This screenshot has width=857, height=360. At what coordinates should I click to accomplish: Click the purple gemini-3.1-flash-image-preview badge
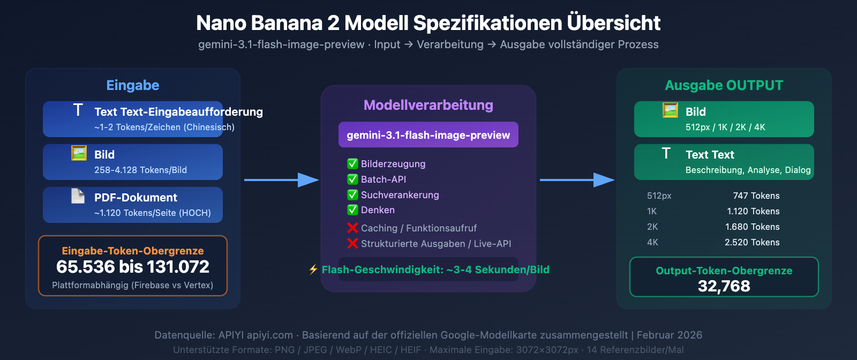[x=428, y=135]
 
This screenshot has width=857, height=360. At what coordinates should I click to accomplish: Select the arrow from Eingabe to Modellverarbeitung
[x=281, y=180]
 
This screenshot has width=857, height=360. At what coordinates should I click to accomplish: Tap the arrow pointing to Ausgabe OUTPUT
[x=577, y=180]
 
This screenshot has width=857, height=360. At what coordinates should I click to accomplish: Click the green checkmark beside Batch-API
[x=352, y=179]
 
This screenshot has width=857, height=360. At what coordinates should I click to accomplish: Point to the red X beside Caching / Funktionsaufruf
[x=352, y=228]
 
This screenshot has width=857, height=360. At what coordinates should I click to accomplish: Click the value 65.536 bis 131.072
[x=133, y=267]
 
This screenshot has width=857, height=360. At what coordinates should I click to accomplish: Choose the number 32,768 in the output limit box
[x=724, y=286]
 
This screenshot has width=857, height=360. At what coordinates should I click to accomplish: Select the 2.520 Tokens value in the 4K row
[x=751, y=242]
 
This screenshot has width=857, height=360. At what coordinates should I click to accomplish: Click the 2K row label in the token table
[x=652, y=227]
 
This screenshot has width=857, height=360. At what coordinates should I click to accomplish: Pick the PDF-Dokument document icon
[x=78, y=196]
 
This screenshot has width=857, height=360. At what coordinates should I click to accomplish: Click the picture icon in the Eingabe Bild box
[x=79, y=153]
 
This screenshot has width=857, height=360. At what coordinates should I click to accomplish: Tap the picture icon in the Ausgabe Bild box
[x=670, y=110]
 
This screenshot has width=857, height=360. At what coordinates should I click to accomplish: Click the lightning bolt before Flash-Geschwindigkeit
[x=313, y=269]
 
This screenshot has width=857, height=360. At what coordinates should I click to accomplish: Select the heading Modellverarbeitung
[x=428, y=105]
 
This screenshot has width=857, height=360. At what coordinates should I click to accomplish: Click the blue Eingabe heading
[x=133, y=85]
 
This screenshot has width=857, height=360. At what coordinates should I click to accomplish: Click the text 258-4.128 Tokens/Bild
[x=140, y=170]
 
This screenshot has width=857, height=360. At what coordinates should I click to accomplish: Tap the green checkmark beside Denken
[x=352, y=210]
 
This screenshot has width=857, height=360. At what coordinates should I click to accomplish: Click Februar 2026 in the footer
[x=669, y=335]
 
